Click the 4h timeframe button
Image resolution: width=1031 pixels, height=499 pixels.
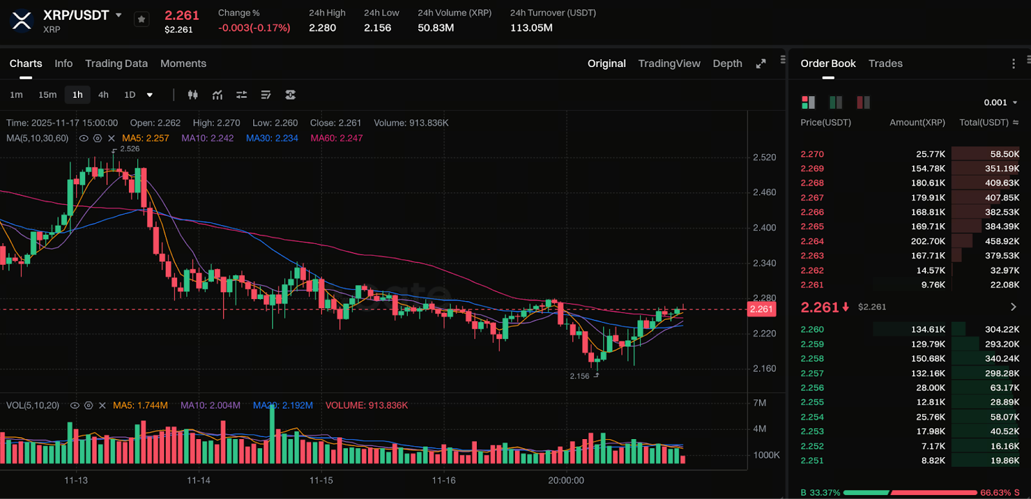coord(103,95)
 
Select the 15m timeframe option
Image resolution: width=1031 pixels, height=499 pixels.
coord(47,95)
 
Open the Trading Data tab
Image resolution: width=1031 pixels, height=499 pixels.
coord(116,63)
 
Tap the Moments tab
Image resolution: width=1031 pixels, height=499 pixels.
coord(183,63)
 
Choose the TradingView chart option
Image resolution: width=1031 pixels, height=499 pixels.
coord(669,63)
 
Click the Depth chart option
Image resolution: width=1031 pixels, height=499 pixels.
coord(727,63)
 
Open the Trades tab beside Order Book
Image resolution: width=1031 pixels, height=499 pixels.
coord(885,63)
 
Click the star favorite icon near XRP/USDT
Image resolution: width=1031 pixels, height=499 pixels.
coord(142,19)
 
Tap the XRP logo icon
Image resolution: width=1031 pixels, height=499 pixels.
coord(22,21)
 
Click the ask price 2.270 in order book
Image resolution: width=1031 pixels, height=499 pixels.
coord(812,154)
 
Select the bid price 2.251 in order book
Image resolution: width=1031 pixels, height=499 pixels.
coord(812,460)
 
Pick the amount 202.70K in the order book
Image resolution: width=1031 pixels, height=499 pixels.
coord(928,241)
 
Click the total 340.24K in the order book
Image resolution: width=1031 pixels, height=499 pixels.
coord(1002,358)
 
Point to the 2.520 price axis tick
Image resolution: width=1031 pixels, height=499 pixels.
coord(764,157)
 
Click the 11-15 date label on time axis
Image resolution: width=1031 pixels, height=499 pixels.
coord(321,480)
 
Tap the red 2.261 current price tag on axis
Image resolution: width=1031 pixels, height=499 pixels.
coord(761,309)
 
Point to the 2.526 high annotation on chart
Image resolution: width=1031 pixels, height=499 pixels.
coord(130,149)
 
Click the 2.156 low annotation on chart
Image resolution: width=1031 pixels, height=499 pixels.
coord(579,376)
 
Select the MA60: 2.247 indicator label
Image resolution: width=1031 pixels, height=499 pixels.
coord(336,138)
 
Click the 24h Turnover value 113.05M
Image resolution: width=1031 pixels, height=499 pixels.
coord(531,28)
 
